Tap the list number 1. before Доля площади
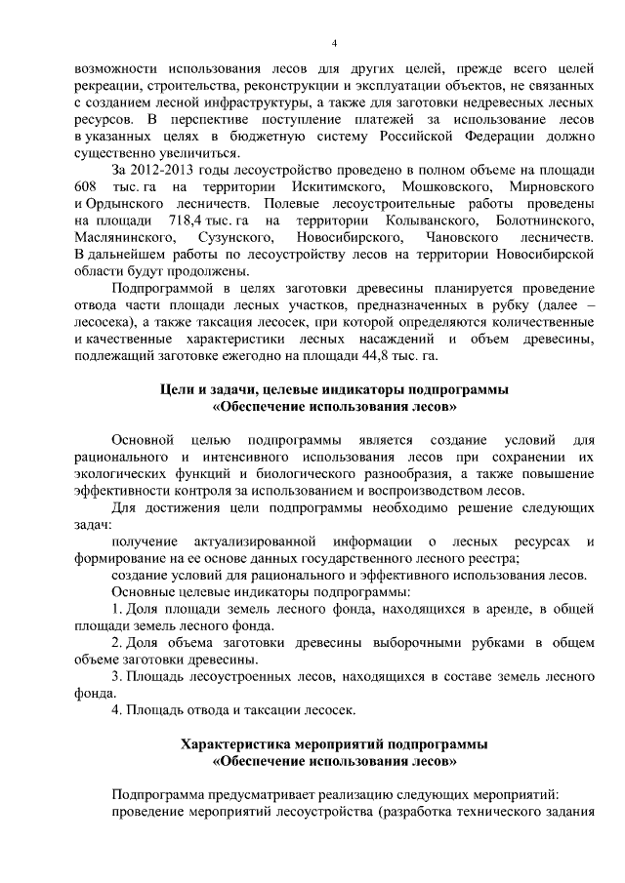116,610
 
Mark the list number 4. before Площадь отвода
116,710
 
